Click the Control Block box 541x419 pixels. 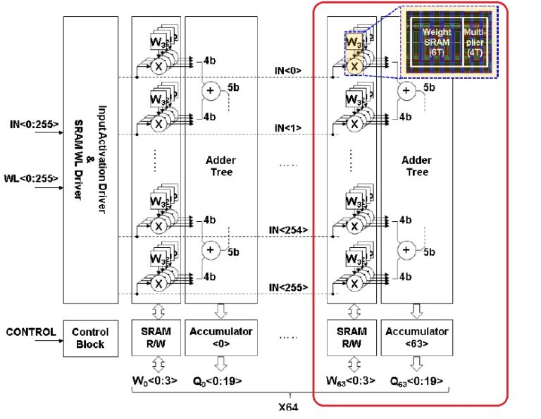click(x=89, y=338)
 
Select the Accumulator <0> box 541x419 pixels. click(x=219, y=337)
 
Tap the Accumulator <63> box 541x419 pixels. click(x=416, y=337)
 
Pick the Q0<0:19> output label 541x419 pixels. click(x=219, y=381)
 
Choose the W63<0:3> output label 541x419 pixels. click(x=351, y=381)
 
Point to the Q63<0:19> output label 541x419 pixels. click(x=416, y=381)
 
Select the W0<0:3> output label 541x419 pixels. click(x=154, y=381)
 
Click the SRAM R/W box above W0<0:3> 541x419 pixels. click(x=154, y=337)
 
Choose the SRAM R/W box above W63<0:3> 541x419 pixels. click(x=351, y=337)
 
